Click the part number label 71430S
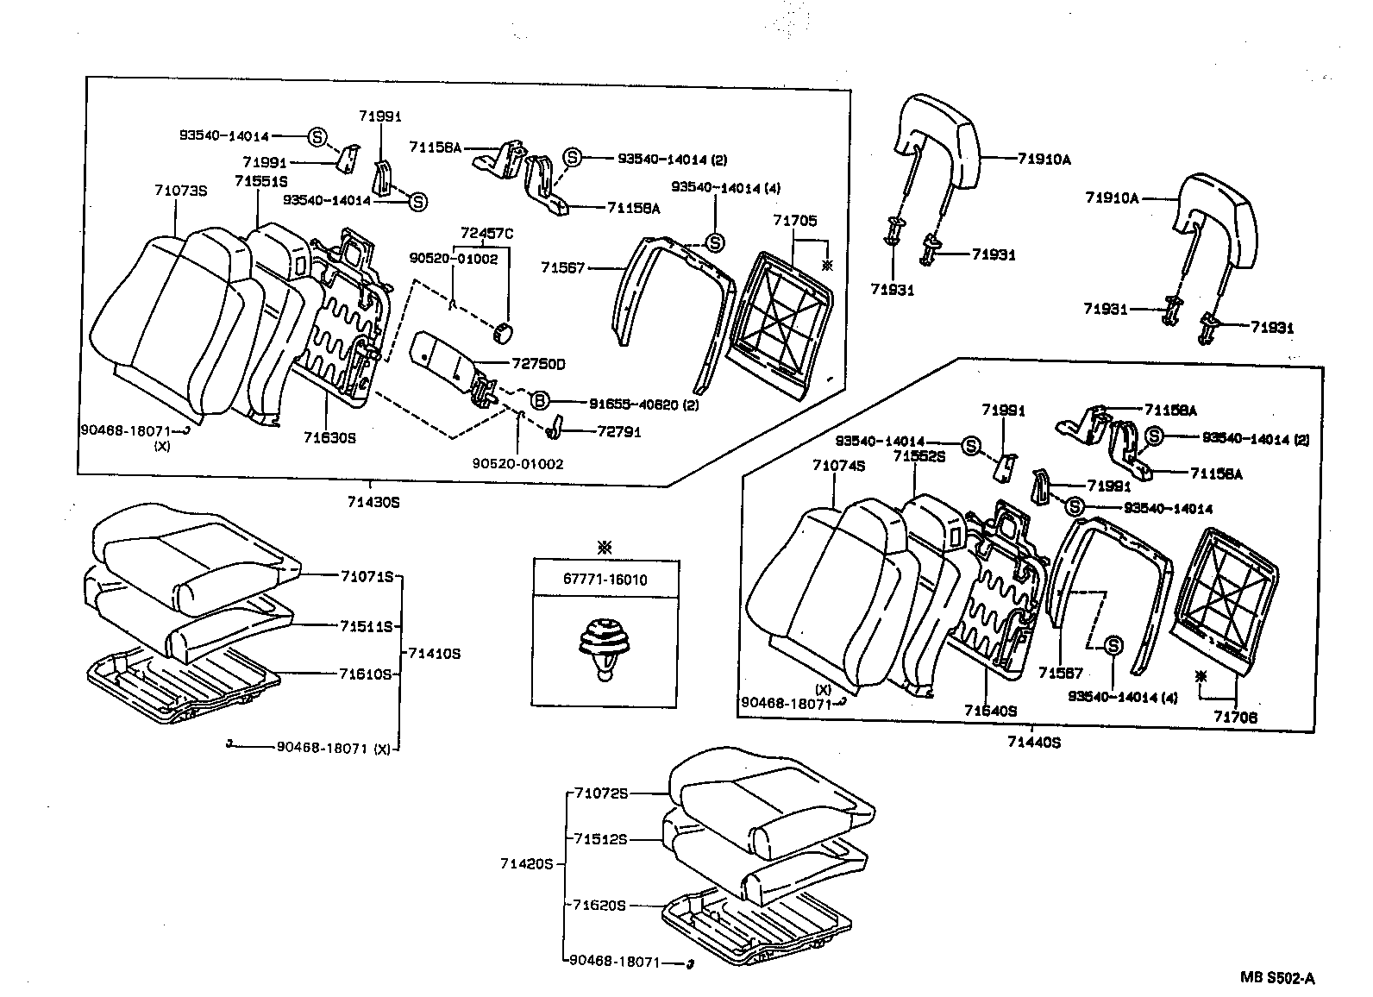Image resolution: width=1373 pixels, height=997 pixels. click(373, 502)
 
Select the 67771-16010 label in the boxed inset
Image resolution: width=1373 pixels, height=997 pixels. click(605, 580)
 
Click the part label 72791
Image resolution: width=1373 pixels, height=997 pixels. click(618, 433)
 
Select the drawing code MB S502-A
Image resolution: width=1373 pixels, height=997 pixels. click(1277, 977)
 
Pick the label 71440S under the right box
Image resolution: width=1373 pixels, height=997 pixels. click(1032, 743)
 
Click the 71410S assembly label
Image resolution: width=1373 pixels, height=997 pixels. click(434, 654)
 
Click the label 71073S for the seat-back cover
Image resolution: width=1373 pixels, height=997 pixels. click(181, 191)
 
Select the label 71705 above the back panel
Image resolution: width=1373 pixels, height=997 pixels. click(794, 222)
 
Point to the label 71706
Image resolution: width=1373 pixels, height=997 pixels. click(1235, 717)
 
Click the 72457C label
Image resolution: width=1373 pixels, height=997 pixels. click(486, 233)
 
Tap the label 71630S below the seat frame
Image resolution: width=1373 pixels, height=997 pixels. click(329, 437)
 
